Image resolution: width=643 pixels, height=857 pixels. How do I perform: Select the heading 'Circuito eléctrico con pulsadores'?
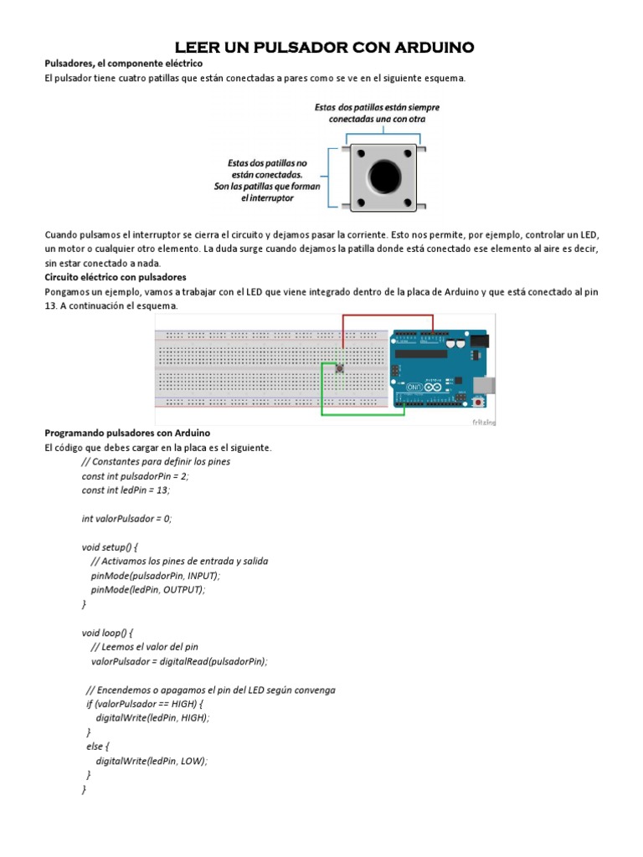115,276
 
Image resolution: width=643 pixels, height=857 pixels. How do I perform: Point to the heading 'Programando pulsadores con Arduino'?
126,433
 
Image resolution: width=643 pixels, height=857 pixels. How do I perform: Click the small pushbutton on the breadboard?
341,368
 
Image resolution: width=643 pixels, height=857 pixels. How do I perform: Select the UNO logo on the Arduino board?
416,387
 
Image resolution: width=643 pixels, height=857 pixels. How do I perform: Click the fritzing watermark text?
483,422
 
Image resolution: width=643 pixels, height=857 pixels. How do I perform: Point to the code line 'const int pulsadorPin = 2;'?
136,476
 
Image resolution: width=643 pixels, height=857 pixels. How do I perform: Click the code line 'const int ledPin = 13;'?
126,490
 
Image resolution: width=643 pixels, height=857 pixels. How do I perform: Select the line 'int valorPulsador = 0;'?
126,519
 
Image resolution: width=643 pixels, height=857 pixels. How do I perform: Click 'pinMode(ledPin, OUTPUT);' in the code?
147,590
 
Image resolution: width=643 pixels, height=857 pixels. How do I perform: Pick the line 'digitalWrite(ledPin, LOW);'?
152,761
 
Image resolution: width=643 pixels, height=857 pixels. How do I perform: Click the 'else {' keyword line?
98,747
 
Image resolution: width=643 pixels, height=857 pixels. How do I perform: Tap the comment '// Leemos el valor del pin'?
144,647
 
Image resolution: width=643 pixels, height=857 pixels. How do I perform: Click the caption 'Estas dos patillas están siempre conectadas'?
377,113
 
